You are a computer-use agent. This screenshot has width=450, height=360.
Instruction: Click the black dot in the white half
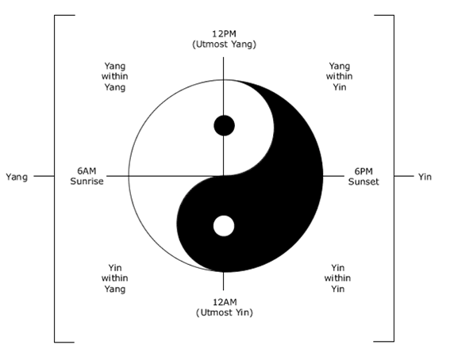click(x=224, y=125)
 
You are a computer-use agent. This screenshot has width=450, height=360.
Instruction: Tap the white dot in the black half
click(x=224, y=226)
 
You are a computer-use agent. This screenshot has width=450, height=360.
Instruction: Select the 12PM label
click(x=224, y=34)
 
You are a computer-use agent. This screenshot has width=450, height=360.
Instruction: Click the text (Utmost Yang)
click(x=224, y=44)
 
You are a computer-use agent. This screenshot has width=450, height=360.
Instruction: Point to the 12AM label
click(x=225, y=302)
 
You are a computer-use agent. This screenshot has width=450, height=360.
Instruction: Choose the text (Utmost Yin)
click(x=225, y=312)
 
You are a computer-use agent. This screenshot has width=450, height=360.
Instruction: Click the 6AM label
click(x=87, y=171)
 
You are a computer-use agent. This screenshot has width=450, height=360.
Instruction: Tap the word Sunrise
click(x=87, y=182)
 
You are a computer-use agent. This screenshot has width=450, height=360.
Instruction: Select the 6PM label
click(x=363, y=171)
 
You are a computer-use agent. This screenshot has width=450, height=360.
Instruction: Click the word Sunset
click(x=363, y=182)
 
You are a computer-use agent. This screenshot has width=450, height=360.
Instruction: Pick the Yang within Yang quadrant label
click(x=115, y=77)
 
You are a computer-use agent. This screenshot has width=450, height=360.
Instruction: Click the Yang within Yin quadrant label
click(x=339, y=77)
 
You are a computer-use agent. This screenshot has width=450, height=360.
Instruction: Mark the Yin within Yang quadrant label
click(x=115, y=278)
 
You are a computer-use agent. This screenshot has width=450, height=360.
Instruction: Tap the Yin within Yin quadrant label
click(x=337, y=278)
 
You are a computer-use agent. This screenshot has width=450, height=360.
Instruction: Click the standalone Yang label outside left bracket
click(x=17, y=177)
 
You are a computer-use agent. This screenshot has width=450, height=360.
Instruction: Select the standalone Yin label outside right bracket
click(x=425, y=177)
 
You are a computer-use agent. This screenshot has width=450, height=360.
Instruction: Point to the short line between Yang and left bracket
click(x=44, y=176)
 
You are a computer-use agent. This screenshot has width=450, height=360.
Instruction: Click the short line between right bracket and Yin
click(x=404, y=176)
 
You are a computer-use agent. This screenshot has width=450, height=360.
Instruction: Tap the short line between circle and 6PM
click(x=333, y=176)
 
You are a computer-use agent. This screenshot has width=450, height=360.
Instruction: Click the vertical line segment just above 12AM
click(x=224, y=281)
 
